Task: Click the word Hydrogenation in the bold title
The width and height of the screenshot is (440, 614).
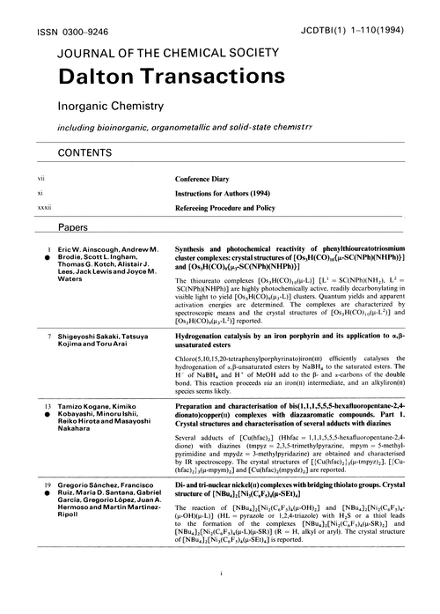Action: (204, 338)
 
